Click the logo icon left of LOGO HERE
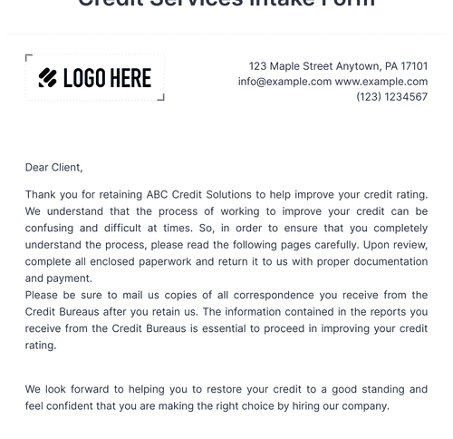tap(48, 78)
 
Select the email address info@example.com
tap(284, 82)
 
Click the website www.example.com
tap(381, 82)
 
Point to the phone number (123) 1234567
tap(391, 97)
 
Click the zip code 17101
tap(414, 66)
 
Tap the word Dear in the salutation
tap(37, 167)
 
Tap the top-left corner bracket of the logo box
tap(29, 58)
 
